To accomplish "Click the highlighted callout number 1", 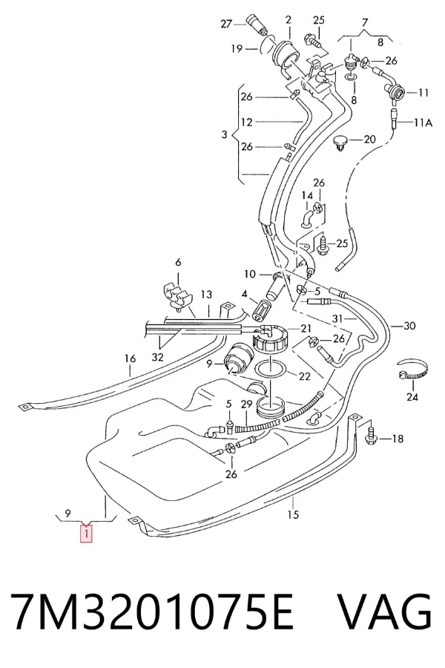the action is pyautogui.click(x=86, y=534).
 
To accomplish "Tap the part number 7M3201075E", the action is pyautogui.click(x=152, y=612).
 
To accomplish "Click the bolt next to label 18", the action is pyautogui.click(x=372, y=433).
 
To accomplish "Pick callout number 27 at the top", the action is pyautogui.click(x=225, y=24).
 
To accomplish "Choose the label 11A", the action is pyautogui.click(x=423, y=122).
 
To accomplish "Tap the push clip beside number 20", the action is pyautogui.click(x=340, y=143).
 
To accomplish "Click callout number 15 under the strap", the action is pyautogui.click(x=293, y=514).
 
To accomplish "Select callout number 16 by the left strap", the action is pyautogui.click(x=130, y=358).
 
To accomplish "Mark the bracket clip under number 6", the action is pyautogui.click(x=177, y=294).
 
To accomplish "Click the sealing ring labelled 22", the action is pyautogui.click(x=271, y=367).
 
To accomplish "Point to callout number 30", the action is pyautogui.click(x=409, y=326).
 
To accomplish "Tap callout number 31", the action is pyautogui.click(x=337, y=318).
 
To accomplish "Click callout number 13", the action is pyautogui.click(x=206, y=295).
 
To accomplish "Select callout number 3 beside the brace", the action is pyautogui.click(x=225, y=135).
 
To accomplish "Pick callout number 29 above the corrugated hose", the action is pyautogui.click(x=246, y=404).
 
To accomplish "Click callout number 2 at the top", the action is pyautogui.click(x=289, y=19).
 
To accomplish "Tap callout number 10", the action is pyautogui.click(x=250, y=273).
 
